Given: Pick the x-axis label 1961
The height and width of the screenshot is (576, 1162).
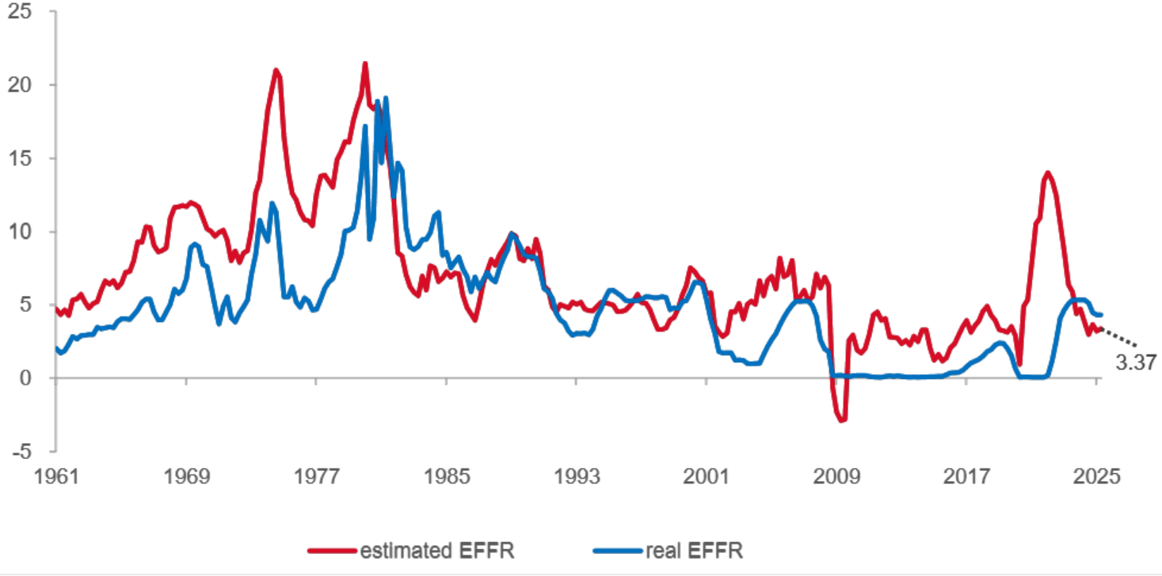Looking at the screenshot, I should pos(57,478).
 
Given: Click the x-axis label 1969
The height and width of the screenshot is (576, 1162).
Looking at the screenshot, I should pos(187,478).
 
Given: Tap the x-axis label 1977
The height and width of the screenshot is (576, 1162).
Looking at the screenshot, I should pos(316,478).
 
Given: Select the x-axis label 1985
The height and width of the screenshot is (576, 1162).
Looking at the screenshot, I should pos(446,478).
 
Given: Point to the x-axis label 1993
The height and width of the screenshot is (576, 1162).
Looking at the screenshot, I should pos(576,478).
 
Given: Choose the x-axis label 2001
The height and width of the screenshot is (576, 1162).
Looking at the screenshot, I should pos(706,478).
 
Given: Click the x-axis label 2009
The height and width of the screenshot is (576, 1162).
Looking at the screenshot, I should pos(836,478).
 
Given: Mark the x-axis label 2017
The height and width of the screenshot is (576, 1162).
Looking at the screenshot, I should pos(966,478).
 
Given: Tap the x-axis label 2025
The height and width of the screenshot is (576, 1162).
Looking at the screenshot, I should pos(1096,478).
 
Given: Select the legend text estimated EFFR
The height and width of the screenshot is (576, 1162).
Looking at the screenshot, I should pos(436,550).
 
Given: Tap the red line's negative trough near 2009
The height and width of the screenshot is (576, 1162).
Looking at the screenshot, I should pos(842,420).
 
